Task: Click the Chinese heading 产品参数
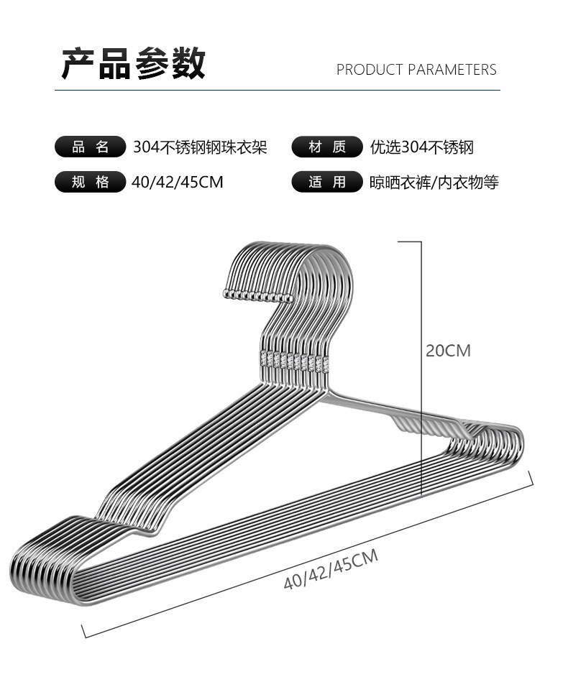tap(133, 64)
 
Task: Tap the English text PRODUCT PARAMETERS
tap(416, 70)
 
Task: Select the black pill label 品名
tap(91, 147)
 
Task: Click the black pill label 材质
tap(327, 147)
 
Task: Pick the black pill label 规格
tap(91, 183)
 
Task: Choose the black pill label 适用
tap(327, 183)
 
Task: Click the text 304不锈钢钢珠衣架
tap(200, 147)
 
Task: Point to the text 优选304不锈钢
tap(422, 147)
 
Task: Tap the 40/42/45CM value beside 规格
tap(178, 183)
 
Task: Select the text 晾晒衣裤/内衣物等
tap(434, 183)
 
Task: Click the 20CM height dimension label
tap(448, 351)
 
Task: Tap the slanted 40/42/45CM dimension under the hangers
tap(331, 569)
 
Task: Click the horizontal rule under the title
tap(277, 91)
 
